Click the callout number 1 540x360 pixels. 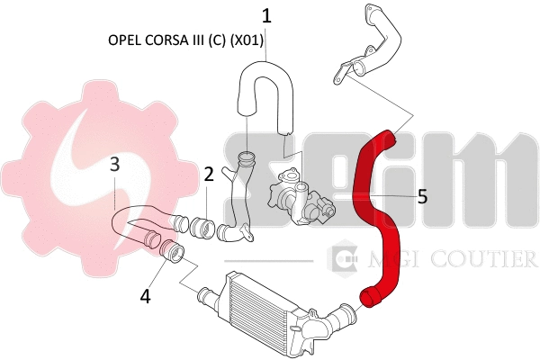tap(266, 15)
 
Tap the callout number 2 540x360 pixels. tap(208, 175)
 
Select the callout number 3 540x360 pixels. tap(115, 164)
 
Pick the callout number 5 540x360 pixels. tap(422, 194)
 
